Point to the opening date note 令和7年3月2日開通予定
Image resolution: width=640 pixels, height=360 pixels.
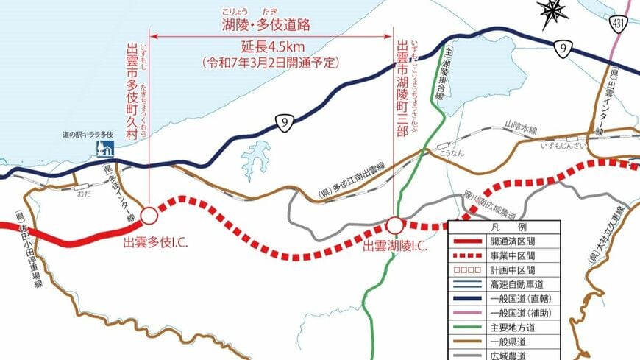pyautogui.click(x=271, y=63)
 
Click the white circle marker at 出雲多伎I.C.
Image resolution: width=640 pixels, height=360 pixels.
pyautogui.click(x=149, y=216)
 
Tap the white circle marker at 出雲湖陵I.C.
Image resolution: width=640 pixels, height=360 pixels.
pyautogui.click(x=395, y=225)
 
